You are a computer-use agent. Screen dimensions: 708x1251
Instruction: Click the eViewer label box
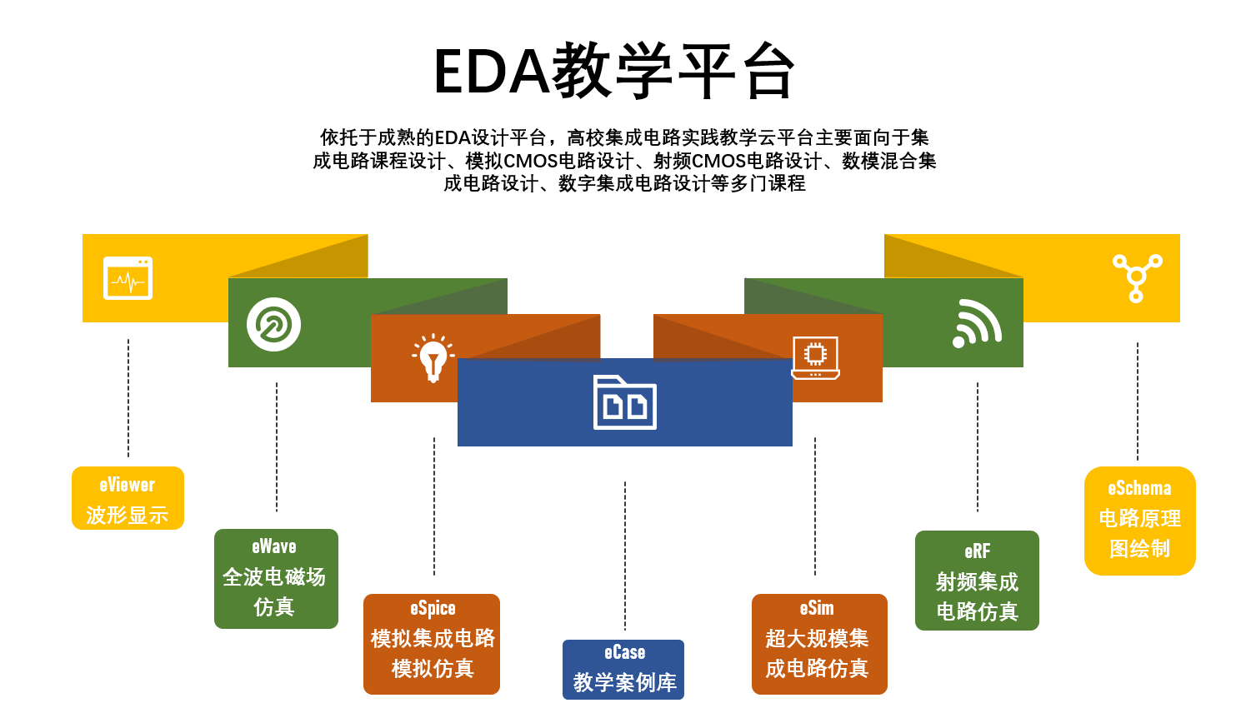point(128,498)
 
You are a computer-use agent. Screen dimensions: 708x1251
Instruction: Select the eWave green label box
point(276,579)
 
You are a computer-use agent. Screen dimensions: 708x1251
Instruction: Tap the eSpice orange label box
point(432,644)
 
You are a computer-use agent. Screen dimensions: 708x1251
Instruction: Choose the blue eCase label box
point(623,670)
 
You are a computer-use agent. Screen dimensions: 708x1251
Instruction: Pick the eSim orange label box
point(819,644)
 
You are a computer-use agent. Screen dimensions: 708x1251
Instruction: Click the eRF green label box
point(977,581)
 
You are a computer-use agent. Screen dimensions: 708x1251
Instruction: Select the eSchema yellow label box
point(1140,521)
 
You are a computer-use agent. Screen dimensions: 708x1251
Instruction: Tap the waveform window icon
point(128,278)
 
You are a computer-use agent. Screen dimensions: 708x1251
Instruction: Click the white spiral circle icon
point(273,324)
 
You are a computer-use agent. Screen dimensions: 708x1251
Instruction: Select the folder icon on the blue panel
point(624,403)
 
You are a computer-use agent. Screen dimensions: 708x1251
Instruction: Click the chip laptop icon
point(815,358)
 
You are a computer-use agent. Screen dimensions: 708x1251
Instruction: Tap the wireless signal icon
point(977,323)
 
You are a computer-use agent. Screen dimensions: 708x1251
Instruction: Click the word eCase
point(624,653)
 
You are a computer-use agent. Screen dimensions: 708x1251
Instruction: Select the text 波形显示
point(128,516)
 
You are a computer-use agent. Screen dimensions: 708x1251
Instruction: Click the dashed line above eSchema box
point(1138,400)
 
